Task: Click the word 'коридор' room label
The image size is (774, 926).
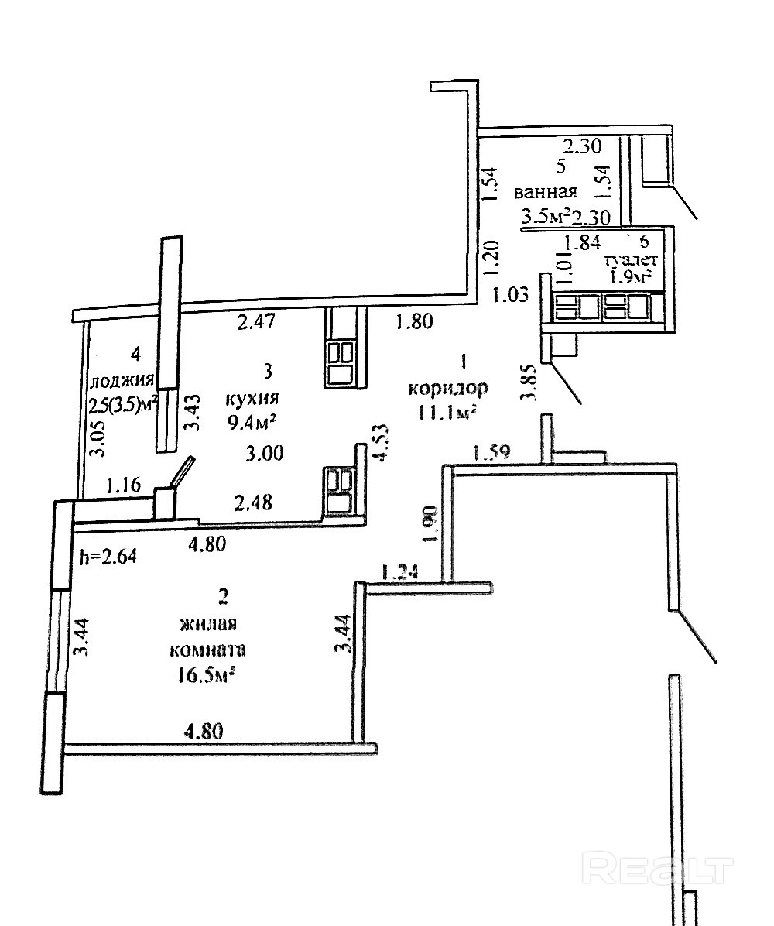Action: click(448, 387)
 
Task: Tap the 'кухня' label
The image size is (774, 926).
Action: click(252, 399)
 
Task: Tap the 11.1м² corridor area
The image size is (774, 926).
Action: click(447, 412)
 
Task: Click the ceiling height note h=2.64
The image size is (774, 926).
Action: click(108, 556)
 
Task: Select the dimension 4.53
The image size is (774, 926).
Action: click(379, 444)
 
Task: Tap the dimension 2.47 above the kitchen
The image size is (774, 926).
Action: click(255, 322)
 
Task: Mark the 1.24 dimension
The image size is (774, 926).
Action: click(400, 572)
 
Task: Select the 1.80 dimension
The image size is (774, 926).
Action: click(414, 322)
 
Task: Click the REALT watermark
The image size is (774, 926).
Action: click(658, 869)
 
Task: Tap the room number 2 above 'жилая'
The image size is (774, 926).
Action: click(224, 596)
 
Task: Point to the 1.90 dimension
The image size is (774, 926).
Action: click(432, 523)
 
